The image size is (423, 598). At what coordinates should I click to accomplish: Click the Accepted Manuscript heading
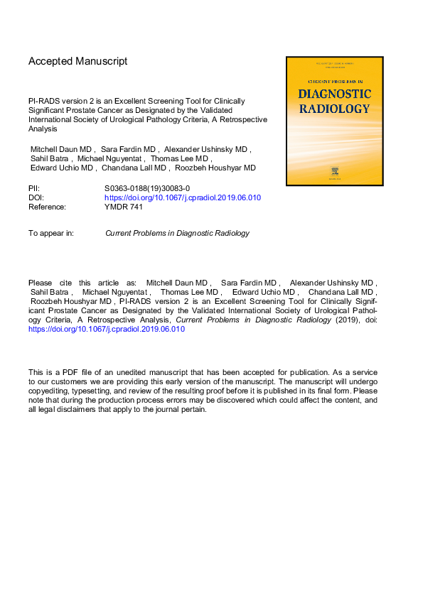click(x=78, y=61)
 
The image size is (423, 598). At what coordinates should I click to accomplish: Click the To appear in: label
click(x=50, y=233)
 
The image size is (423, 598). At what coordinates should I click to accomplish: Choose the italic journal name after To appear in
click(x=177, y=233)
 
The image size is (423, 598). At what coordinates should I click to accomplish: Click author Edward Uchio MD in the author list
click(x=63, y=168)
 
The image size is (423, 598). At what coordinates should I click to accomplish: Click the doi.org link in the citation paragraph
click(x=106, y=330)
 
